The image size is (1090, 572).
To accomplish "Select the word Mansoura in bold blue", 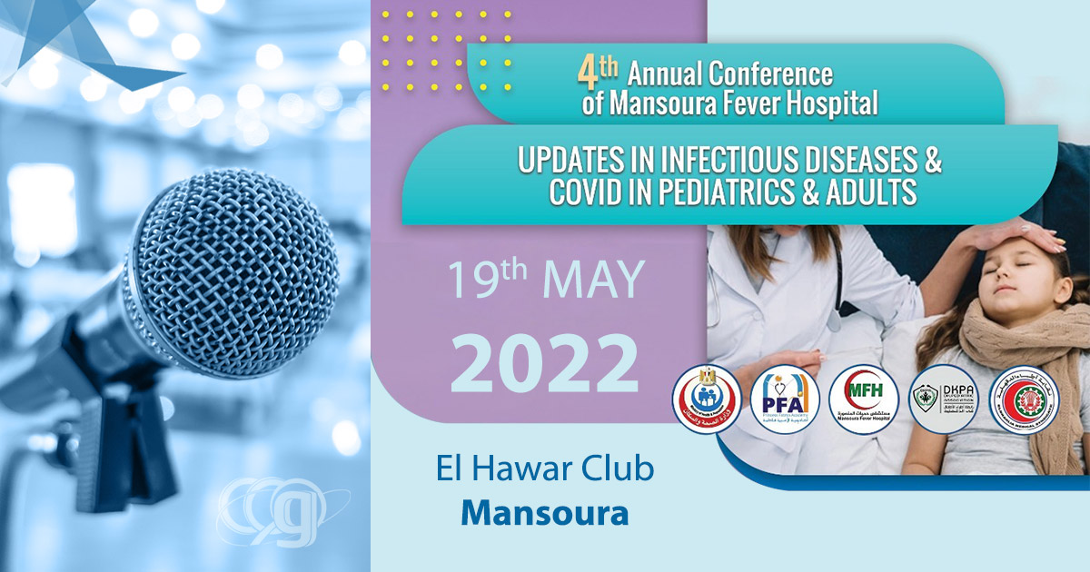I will point(544,512).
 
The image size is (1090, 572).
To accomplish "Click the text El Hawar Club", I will point(544,470).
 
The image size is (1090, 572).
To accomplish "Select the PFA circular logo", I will point(785,400).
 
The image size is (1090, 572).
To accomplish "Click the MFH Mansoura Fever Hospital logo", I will point(863,399).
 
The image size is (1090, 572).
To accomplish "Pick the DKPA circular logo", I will point(942,399).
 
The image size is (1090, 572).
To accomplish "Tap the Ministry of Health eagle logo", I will point(707,400).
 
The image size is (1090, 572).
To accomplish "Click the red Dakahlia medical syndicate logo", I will point(1024,400).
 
